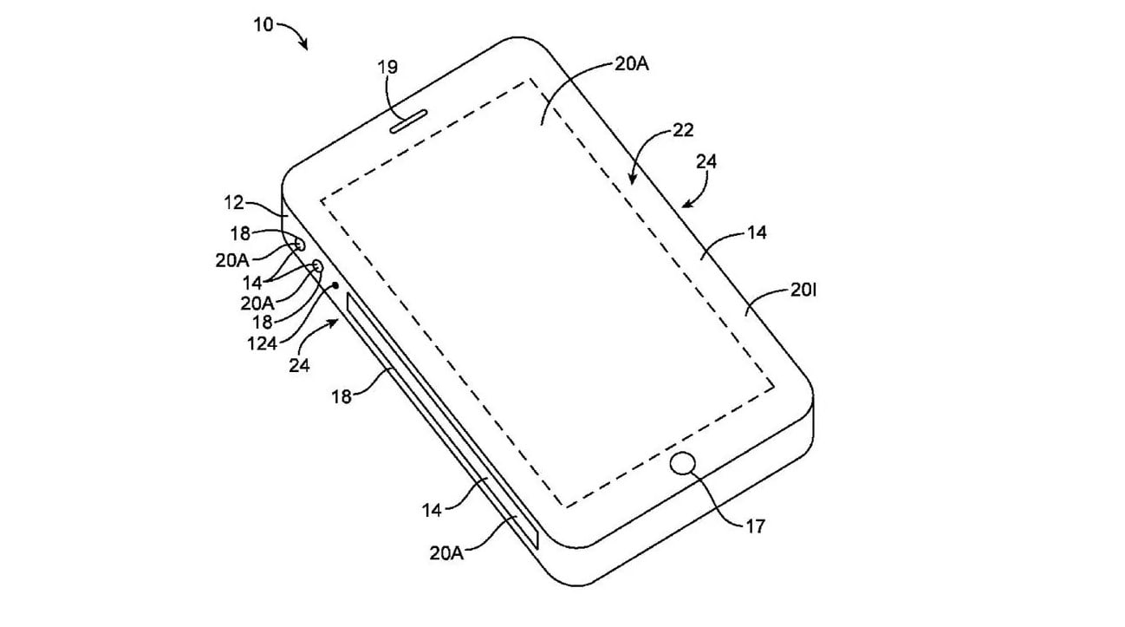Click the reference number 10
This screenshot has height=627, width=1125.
(263, 24)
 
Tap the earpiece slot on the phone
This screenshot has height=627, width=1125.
(409, 121)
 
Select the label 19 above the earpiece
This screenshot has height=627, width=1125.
(387, 67)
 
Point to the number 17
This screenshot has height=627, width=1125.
(756, 526)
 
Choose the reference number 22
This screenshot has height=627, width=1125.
(683, 130)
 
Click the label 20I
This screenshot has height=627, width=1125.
(803, 290)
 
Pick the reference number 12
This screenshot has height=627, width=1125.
(233, 202)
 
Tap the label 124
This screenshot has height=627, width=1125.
(262, 343)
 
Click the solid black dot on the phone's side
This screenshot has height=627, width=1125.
(336, 285)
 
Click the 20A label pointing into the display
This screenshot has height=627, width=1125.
(631, 64)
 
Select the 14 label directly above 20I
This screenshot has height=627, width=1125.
(757, 232)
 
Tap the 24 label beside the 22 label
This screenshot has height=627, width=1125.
(706, 162)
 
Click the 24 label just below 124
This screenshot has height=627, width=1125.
(299, 365)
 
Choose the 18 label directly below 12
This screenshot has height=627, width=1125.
(240, 233)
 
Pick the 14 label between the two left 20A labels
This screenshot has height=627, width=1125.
(252, 283)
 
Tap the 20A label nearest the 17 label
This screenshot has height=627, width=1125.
(446, 553)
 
